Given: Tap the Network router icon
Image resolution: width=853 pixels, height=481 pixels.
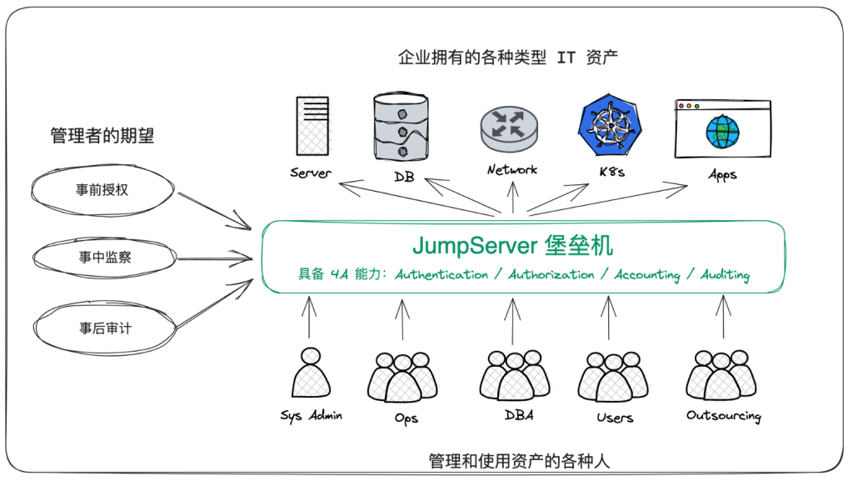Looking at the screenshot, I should (510, 129).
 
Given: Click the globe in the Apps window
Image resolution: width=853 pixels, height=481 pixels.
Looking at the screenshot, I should (721, 132).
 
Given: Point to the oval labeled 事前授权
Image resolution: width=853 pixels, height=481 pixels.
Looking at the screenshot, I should (102, 190).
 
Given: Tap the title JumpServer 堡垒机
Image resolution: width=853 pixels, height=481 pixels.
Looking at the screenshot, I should (512, 245).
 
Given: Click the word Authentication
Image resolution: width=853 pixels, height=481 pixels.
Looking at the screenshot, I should (441, 274).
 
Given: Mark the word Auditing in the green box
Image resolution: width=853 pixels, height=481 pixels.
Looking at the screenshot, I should (725, 274).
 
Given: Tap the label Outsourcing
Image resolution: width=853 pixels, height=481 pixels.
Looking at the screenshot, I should (723, 415).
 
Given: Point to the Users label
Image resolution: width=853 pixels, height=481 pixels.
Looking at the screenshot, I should (615, 417).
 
